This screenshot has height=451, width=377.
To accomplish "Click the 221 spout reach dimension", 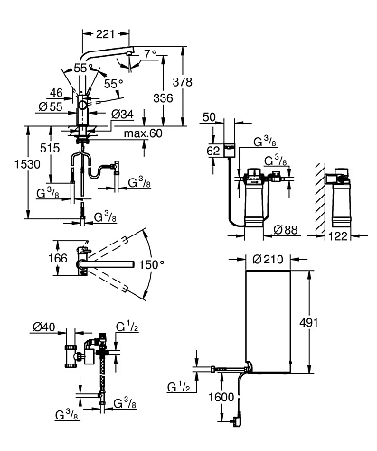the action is click(x=105, y=34).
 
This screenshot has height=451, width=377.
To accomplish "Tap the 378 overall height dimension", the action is click(x=182, y=82).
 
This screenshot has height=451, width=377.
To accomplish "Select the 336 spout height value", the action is click(x=163, y=98).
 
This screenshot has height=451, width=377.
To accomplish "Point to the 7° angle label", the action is click(x=150, y=54).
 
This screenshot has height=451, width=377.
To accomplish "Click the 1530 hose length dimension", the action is click(x=27, y=164).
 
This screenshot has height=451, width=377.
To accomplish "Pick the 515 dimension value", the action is click(x=50, y=148).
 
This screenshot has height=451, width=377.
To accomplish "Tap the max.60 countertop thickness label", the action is click(x=143, y=133).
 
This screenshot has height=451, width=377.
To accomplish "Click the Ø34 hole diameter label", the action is click(x=122, y=115).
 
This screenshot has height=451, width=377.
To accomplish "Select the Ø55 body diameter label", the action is click(x=51, y=106).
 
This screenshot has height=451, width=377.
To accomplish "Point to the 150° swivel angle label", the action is click(x=152, y=264).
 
